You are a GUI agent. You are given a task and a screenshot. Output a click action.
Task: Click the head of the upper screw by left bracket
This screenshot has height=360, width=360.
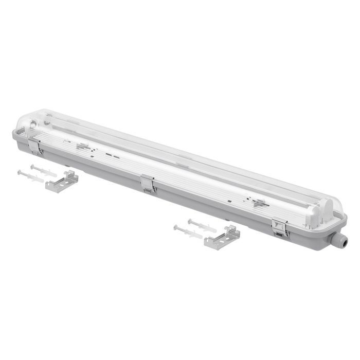32,166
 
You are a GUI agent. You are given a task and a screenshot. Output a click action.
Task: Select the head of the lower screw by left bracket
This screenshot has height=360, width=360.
19,172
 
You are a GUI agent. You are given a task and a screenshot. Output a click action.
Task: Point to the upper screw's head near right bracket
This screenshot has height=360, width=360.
190,221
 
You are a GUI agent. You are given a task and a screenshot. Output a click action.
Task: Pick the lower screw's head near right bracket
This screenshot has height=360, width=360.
176,227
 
